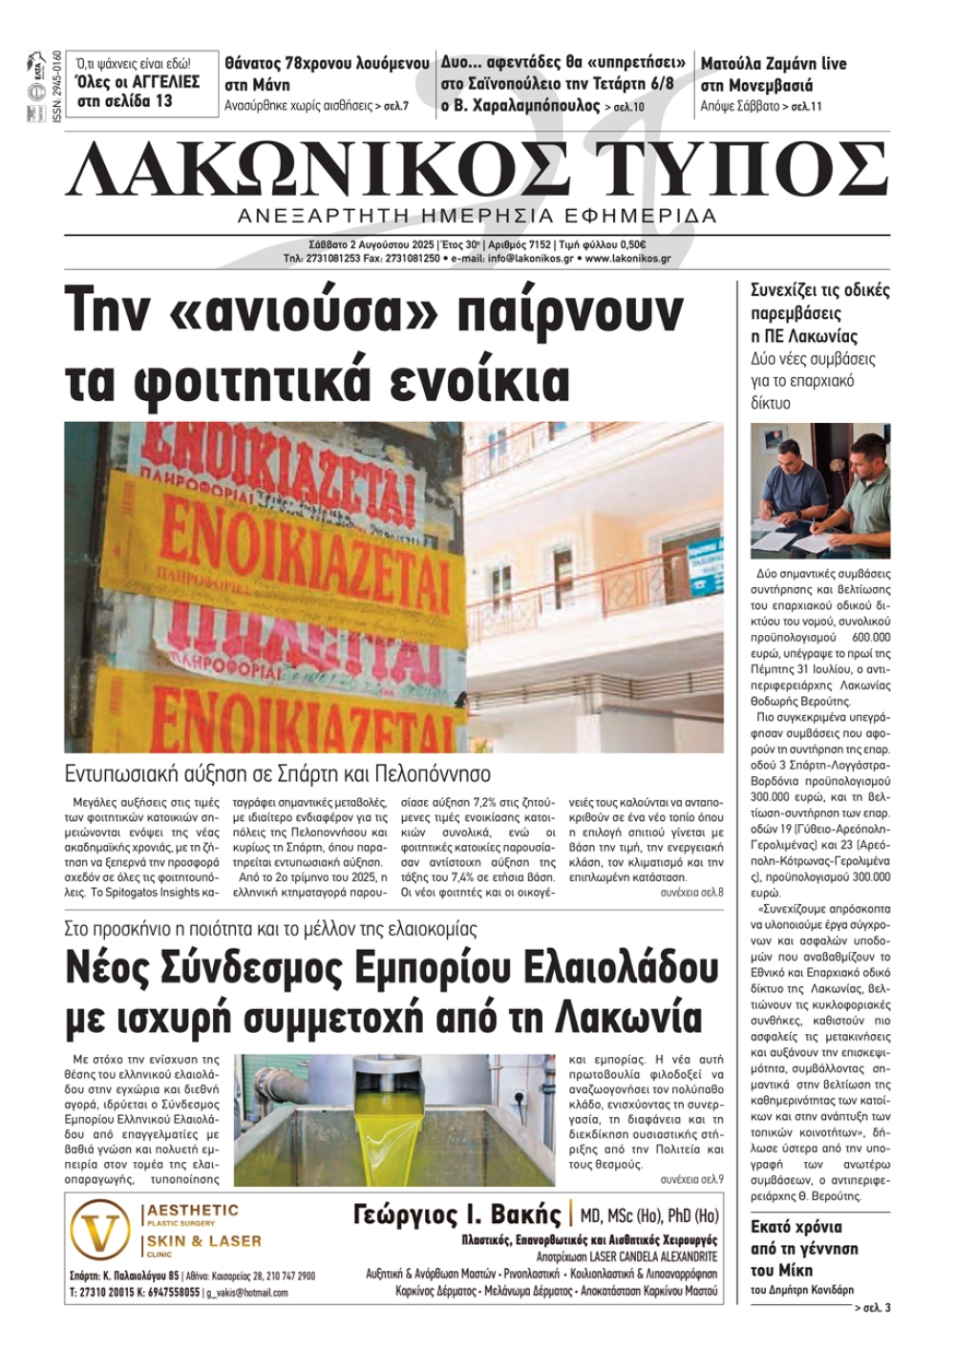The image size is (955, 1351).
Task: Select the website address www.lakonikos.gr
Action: coord(627,258)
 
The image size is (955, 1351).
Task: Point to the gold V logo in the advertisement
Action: coord(100,1234)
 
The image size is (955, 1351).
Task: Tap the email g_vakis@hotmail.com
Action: coord(246,1293)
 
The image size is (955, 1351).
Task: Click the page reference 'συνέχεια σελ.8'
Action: coord(691,892)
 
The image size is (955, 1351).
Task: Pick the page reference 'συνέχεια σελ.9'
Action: coord(691,1179)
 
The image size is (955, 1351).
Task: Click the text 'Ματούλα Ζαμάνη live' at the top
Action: coord(774,64)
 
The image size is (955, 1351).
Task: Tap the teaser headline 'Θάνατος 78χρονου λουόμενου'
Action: coord(327,64)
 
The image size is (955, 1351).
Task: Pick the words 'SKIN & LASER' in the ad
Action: coord(203,1241)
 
